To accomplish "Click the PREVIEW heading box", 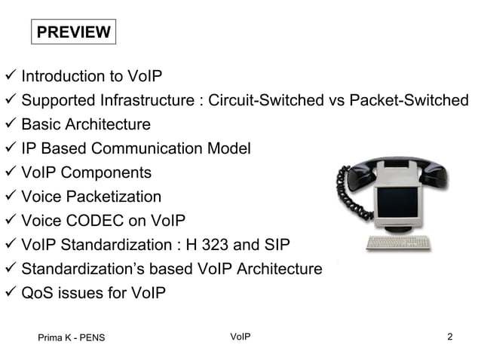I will [x=73, y=32].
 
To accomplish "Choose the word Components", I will [x=106, y=172].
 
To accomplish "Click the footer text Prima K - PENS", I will [x=72, y=337].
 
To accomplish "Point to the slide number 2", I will [x=450, y=336].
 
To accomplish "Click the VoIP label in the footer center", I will [x=239, y=336].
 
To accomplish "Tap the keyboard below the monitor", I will [x=397, y=243].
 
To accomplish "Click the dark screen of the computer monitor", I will [x=398, y=203].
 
